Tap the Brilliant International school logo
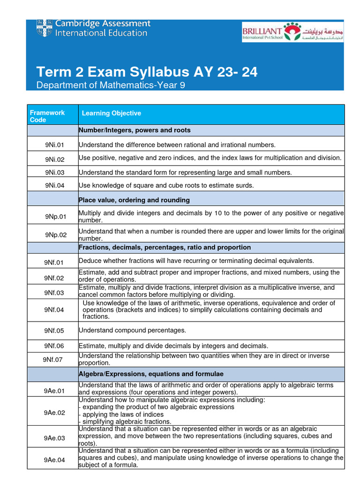[x=292, y=32]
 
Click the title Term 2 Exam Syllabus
[x=147, y=73]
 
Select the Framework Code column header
[x=47, y=116]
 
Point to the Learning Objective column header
[x=111, y=113]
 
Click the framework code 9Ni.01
[x=54, y=145]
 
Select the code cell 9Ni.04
[x=54, y=186]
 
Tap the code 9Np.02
[x=56, y=235]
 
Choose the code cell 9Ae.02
[x=54, y=412]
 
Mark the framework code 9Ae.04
[x=54, y=460]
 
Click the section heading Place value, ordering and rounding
[x=134, y=200]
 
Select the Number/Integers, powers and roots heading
[x=135, y=130]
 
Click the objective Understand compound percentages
[x=132, y=330]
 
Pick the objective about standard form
[x=185, y=172]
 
